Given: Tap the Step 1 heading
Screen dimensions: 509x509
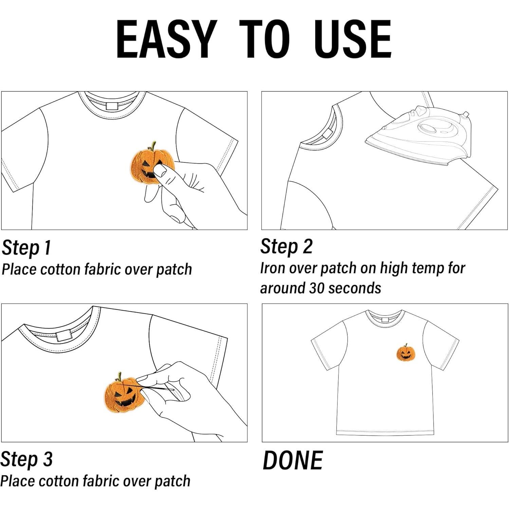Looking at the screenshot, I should pyautogui.click(x=26, y=248).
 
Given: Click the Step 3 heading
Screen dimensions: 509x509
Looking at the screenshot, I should pyautogui.click(x=26, y=459).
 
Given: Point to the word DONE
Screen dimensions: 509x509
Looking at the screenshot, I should pyautogui.click(x=292, y=460).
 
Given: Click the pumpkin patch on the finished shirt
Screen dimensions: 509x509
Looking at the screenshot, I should pyautogui.click(x=406, y=353).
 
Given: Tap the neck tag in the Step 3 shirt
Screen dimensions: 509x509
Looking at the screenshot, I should pyautogui.click(x=62, y=336).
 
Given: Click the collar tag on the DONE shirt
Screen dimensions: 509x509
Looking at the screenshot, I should pyautogui.click(x=384, y=320).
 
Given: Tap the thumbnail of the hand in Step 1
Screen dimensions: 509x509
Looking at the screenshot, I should pyautogui.click(x=160, y=170).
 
